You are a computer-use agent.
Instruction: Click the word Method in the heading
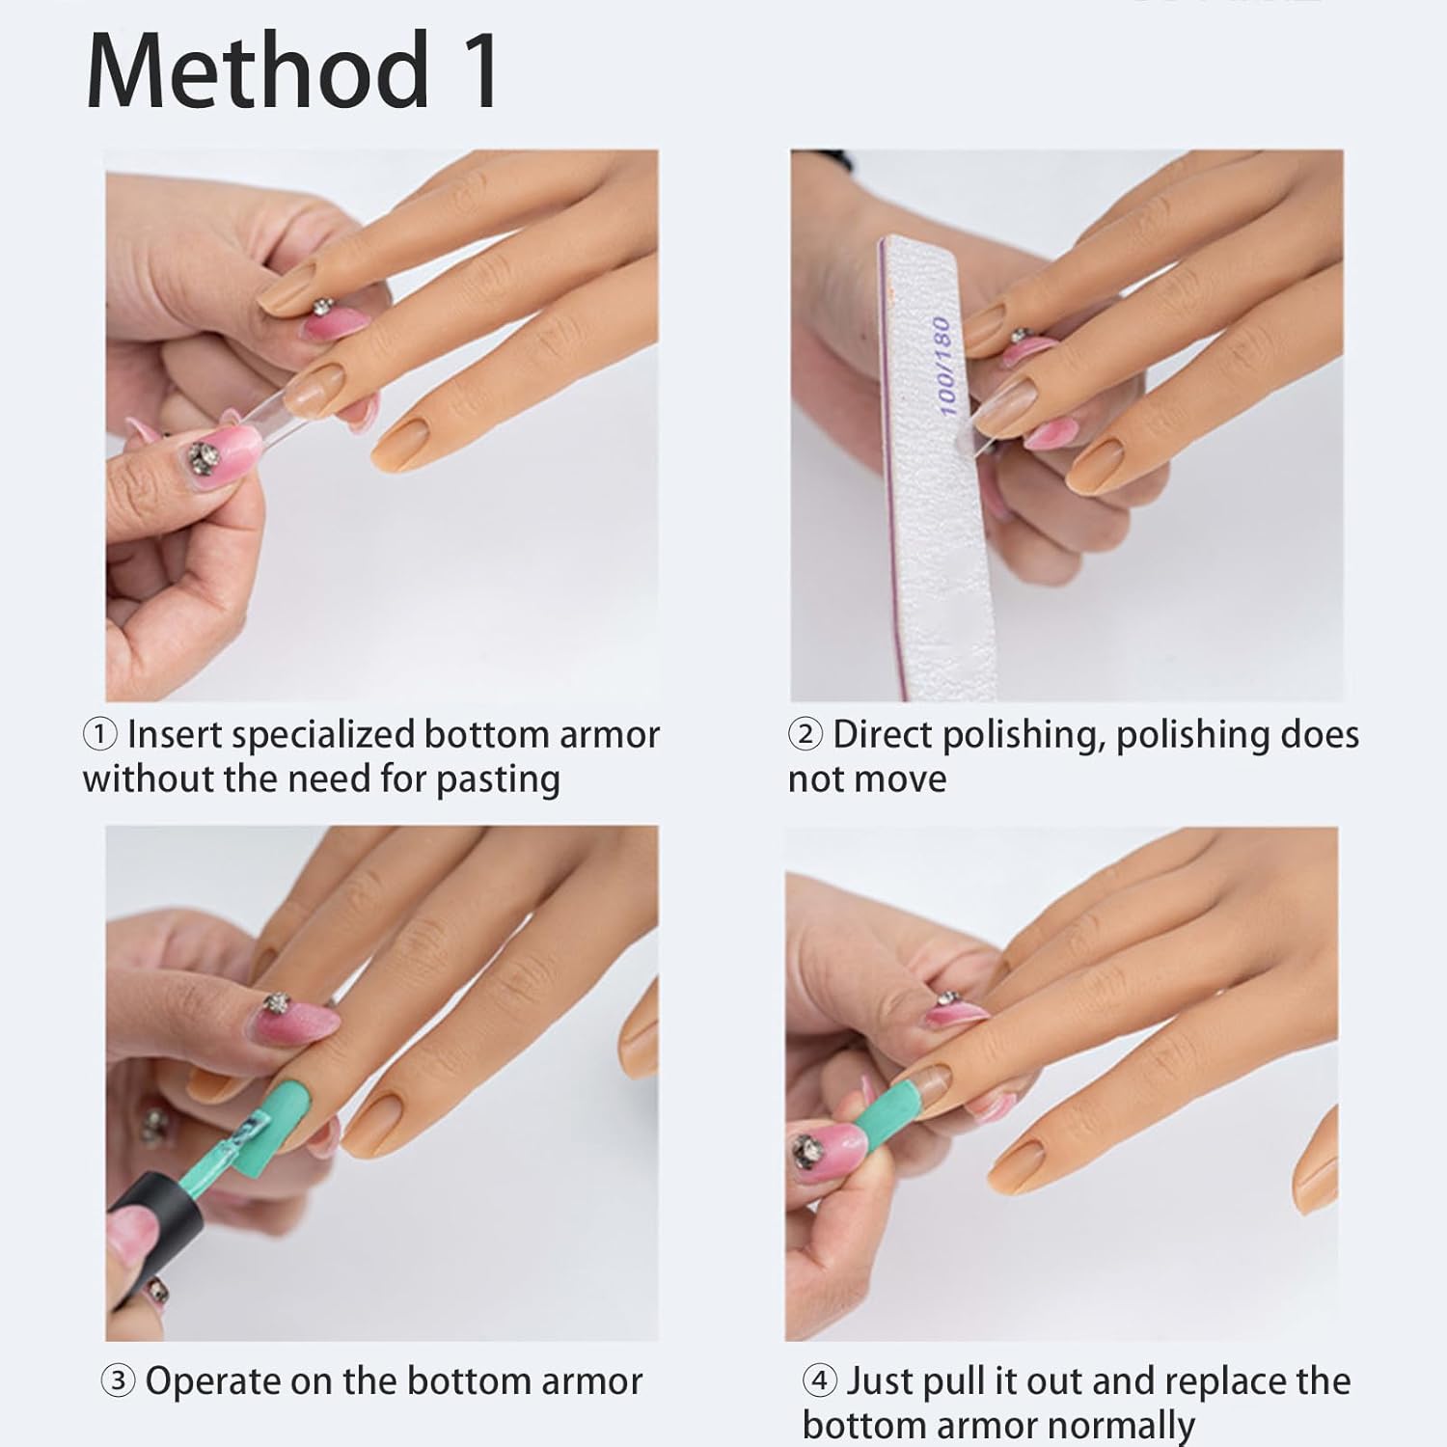(256, 71)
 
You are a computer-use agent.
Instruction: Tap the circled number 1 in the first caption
(100, 736)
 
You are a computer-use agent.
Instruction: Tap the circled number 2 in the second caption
(805, 736)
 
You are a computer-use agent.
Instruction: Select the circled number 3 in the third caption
(118, 1381)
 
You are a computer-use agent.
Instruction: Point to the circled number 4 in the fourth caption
(819, 1381)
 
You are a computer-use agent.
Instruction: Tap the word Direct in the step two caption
(883, 736)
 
